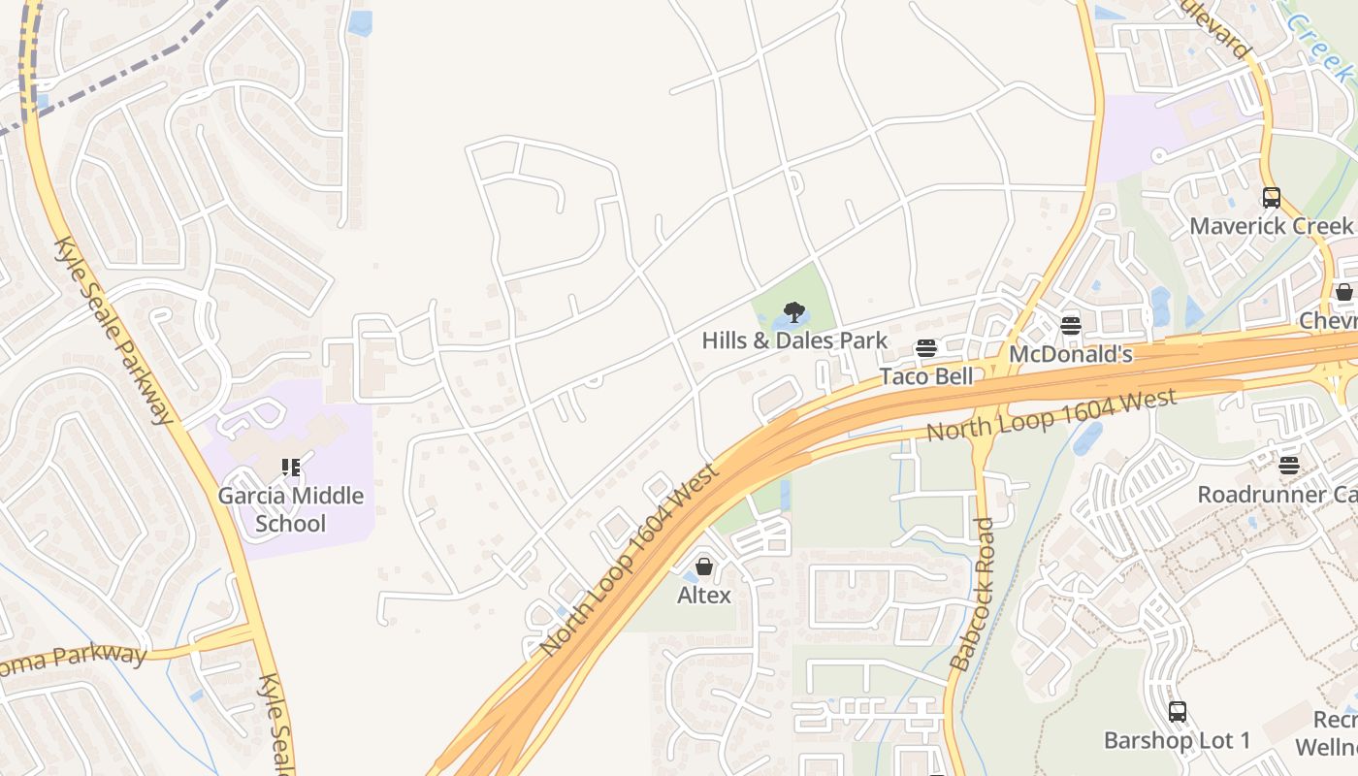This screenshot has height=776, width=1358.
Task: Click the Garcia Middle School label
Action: point(290,509)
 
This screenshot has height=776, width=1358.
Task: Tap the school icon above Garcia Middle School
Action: point(290,469)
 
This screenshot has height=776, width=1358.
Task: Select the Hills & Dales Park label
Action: point(794,340)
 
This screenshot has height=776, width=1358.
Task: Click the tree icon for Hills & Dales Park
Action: point(794,312)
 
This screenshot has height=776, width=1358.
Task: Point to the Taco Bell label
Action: point(925,376)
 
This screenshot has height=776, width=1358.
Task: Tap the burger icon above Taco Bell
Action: point(926,348)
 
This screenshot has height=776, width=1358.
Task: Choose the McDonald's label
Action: point(1070,354)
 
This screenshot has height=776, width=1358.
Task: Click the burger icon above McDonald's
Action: point(1071,326)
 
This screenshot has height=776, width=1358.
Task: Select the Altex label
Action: point(704,595)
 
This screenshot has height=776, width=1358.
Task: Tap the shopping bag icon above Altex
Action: point(704,566)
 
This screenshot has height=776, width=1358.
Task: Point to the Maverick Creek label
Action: point(1271,226)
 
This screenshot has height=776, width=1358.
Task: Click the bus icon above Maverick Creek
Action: point(1271,198)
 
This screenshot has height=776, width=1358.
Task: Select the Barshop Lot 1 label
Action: point(1177,741)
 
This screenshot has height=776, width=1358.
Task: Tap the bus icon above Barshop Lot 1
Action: point(1177,712)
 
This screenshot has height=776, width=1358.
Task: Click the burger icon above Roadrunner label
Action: point(1288,466)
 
